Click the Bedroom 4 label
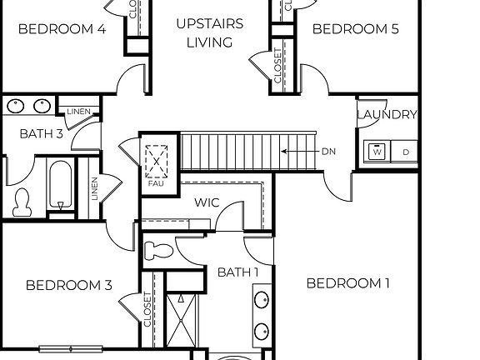click(x=62, y=29)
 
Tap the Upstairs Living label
click(x=209, y=32)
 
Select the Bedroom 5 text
click(x=355, y=29)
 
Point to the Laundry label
click(x=387, y=114)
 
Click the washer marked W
click(x=377, y=152)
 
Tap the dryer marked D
click(x=406, y=152)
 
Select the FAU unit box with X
click(x=157, y=160)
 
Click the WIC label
click(x=207, y=202)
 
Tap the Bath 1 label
click(x=238, y=272)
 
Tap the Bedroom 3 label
click(x=69, y=286)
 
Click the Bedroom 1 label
click(x=348, y=283)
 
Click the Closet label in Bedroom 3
click(x=148, y=309)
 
